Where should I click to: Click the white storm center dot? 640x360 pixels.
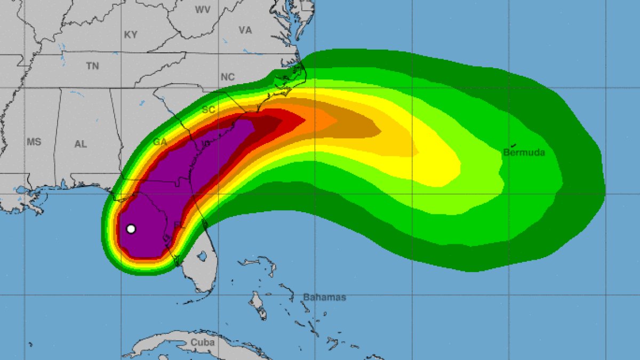131,229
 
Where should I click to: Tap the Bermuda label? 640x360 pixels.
524,153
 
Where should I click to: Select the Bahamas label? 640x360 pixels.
324,298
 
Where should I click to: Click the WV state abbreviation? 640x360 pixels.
202,10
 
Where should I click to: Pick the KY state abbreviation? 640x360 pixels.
131,35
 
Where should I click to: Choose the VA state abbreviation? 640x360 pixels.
245,30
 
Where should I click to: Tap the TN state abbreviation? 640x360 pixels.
93,66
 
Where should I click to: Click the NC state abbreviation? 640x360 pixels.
228,77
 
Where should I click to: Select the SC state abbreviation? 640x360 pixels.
208,110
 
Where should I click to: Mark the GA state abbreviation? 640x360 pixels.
160,142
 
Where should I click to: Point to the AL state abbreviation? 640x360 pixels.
81,144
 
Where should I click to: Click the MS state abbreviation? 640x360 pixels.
34,142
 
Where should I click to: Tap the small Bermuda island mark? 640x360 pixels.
514,145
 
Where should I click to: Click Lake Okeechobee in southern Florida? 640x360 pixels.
202,257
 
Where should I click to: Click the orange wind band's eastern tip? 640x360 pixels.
336,122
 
